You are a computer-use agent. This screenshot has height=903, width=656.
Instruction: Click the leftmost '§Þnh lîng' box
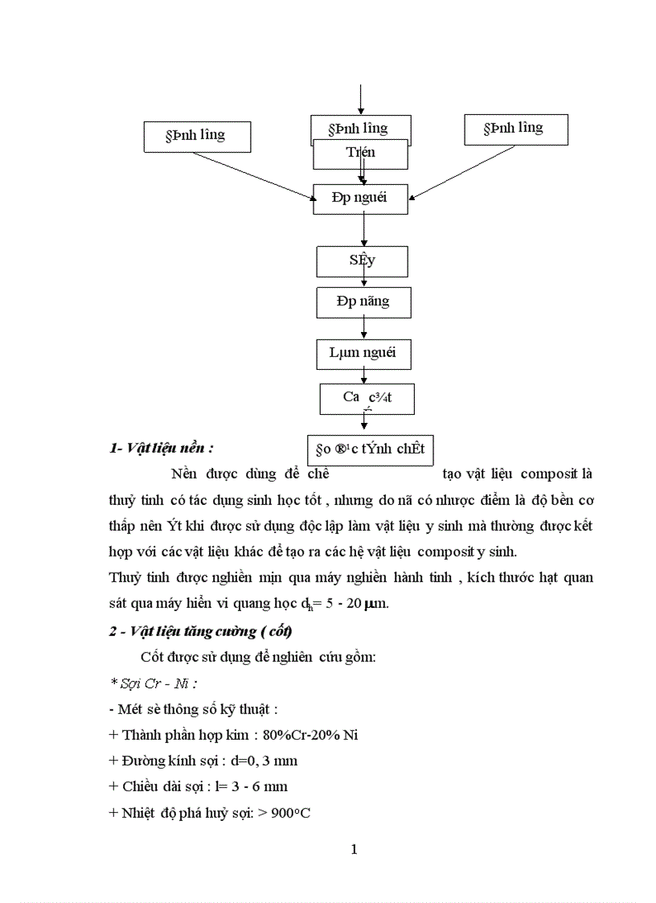click(x=197, y=136)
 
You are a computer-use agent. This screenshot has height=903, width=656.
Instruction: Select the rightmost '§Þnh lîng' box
click(x=515, y=129)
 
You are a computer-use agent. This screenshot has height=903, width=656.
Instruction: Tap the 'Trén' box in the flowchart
click(x=361, y=154)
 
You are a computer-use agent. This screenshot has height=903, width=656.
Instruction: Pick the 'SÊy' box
click(x=362, y=261)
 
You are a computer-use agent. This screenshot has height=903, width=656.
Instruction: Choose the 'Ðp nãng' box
click(x=363, y=302)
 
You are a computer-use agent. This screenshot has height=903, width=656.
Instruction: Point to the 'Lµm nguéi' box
click(x=363, y=352)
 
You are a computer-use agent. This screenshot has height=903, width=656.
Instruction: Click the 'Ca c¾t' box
click(x=367, y=398)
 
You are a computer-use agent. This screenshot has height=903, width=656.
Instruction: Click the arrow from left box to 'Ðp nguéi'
click(x=253, y=175)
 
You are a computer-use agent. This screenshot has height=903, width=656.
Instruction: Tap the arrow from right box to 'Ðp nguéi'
click(x=462, y=171)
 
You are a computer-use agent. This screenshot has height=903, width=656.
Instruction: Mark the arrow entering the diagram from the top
click(x=361, y=99)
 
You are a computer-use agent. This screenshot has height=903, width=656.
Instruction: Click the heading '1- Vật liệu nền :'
click(x=162, y=449)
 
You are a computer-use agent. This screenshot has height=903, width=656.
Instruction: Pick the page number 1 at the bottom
click(x=354, y=849)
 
